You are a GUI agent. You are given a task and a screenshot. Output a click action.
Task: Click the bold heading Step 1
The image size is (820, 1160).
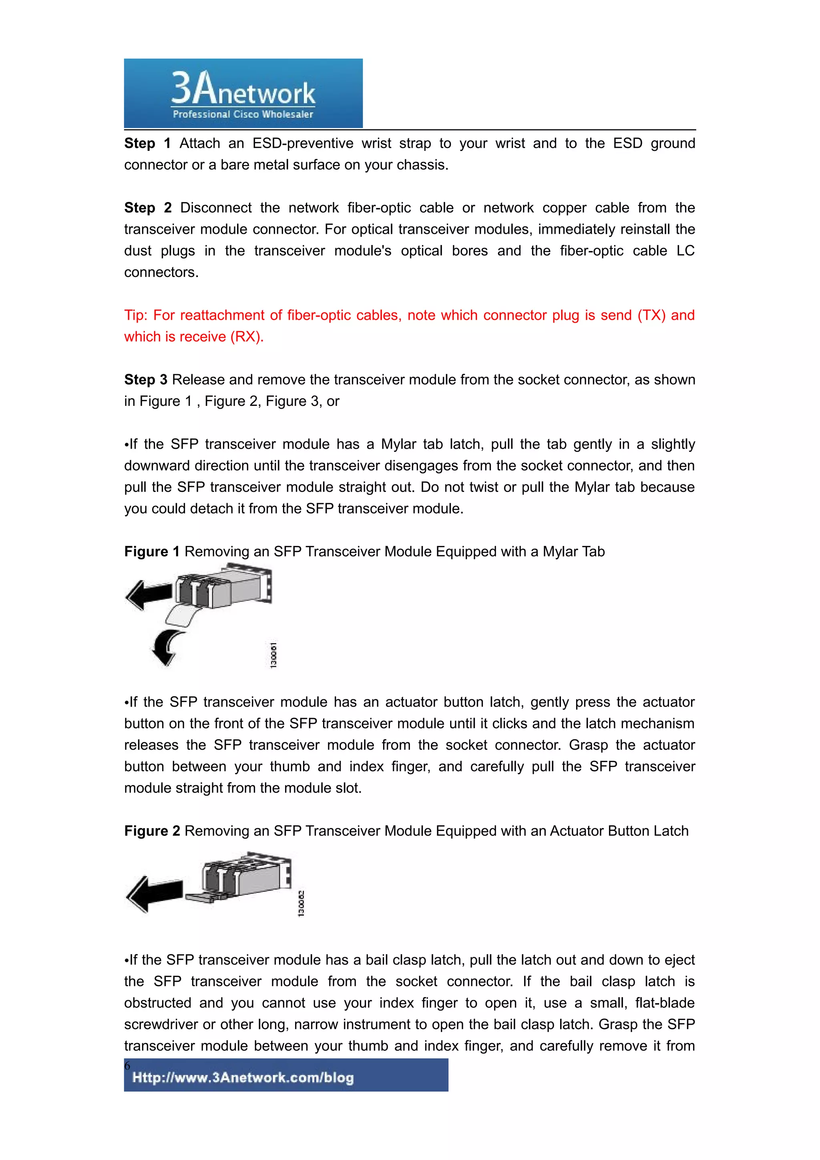pyautogui.click(x=147, y=143)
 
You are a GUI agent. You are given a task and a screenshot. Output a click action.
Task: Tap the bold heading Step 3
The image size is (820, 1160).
pyautogui.click(x=145, y=380)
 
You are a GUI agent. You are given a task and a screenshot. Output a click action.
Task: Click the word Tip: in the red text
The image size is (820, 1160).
pyautogui.click(x=136, y=315)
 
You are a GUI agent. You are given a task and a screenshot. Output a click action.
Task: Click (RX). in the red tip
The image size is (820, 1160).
pyautogui.click(x=247, y=337)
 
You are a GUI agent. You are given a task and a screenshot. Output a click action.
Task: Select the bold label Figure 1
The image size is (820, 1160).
pyautogui.click(x=152, y=552)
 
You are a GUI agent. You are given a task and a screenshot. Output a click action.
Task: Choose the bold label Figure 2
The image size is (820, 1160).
pyautogui.click(x=152, y=831)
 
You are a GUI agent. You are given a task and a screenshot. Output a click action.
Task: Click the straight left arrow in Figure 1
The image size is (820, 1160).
pyautogui.click(x=149, y=595)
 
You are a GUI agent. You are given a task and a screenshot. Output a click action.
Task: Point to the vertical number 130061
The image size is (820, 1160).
pyautogui.click(x=273, y=655)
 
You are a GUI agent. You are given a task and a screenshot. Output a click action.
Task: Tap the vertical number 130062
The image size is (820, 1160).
pyautogui.click(x=301, y=903)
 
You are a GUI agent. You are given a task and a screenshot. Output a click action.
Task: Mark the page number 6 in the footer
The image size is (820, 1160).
pyautogui.click(x=127, y=1066)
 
